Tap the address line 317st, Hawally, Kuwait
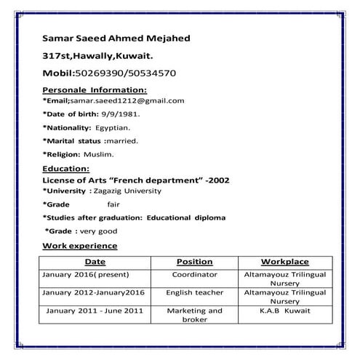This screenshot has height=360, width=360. tap(97, 55)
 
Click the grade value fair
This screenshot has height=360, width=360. tap(113, 204)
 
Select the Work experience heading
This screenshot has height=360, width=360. tap(79, 246)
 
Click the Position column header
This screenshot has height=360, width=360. tap(194, 262)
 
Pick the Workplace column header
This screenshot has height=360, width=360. tap(284, 262)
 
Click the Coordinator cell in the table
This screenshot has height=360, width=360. tap(194, 276)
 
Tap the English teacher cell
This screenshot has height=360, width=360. tap(194, 292)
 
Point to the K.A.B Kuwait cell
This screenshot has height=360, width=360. tap(284, 311)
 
